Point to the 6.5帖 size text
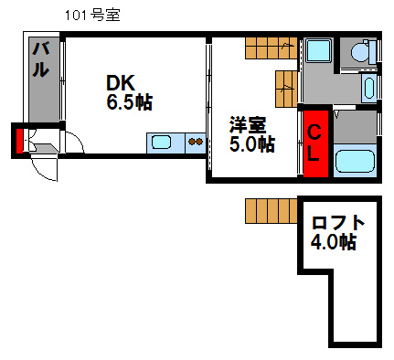[129, 102]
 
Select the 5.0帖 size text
[251, 143]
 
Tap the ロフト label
[338, 223]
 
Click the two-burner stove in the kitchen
[195, 142]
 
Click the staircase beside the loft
[272, 211]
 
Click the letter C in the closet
[313, 132]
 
